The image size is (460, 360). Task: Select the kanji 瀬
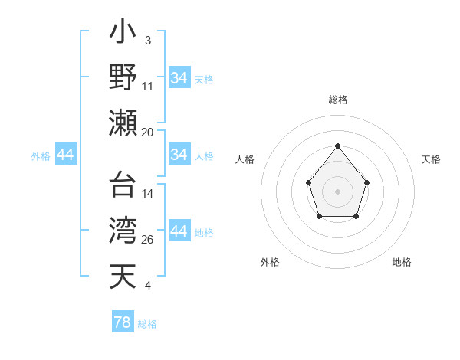(x=123, y=123)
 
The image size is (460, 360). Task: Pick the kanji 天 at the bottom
(x=123, y=276)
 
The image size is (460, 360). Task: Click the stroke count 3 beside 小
(x=147, y=40)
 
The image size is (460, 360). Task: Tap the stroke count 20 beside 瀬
(x=147, y=132)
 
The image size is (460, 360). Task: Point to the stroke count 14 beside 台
(x=147, y=195)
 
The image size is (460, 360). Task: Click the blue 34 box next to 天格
(x=179, y=78)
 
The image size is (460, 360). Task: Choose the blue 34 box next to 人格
(x=179, y=155)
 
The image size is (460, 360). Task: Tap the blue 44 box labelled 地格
(x=179, y=231)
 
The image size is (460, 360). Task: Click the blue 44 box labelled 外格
(x=65, y=155)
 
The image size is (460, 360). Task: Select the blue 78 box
(x=123, y=322)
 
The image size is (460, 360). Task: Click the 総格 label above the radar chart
(x=337, y=100)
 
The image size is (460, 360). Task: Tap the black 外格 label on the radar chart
(x=270, y=262)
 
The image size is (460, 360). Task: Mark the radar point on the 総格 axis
(x=337, y=146)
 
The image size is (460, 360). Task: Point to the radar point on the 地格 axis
(x=356, y=217)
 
